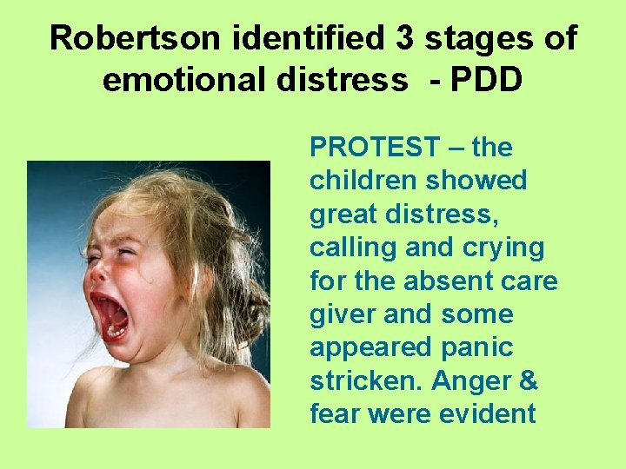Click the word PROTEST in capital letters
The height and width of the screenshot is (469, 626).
click(x=375, y=148)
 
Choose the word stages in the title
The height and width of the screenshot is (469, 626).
click(x=456, y=40)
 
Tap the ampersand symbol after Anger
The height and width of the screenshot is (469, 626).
click(x=528, y=380)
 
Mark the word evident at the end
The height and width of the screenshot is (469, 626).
click(x=487, y=414)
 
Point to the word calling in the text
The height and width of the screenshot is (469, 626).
click(x=348, y=248)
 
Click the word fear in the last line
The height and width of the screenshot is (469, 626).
click(x=335, y=414)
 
